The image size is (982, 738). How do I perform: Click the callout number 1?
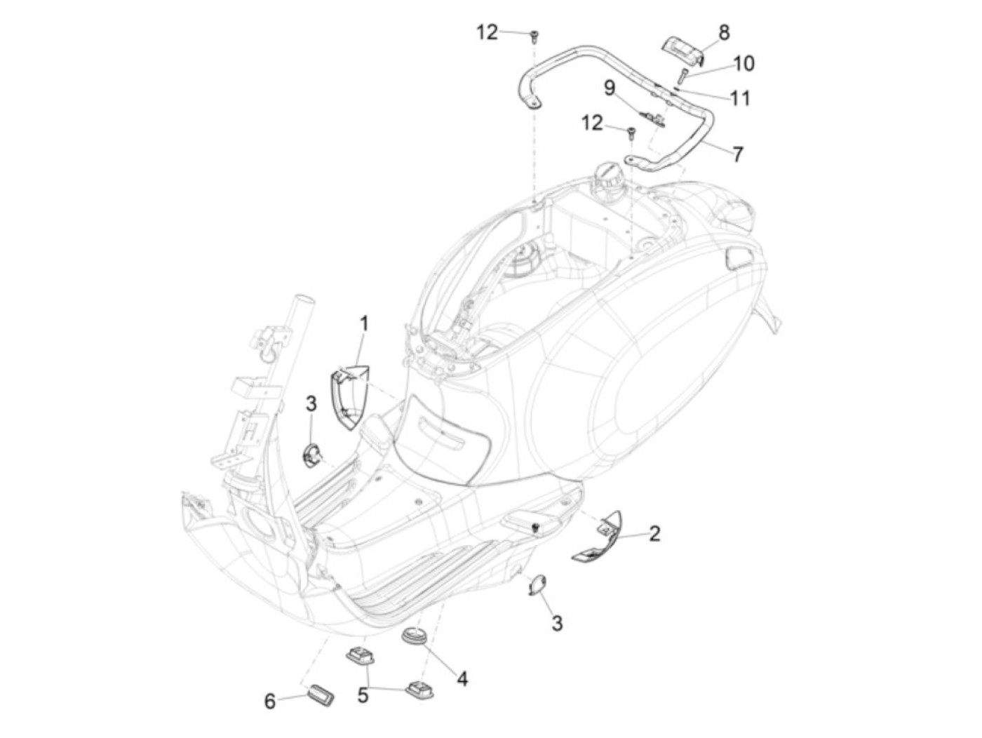pos(364,324)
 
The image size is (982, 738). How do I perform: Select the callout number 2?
pos(654,533)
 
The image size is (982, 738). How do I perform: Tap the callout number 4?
pos(462,678)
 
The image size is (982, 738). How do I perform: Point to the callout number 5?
pos(363,695)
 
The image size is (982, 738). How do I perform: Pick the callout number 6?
pos(270,701)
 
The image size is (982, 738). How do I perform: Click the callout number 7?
pos(737,154)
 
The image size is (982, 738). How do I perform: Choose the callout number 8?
pos(723,32)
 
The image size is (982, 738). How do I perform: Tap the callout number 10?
pos(744,64)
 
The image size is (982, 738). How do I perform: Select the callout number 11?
pos(740,98)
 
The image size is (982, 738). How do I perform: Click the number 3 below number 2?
pos(556,623)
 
